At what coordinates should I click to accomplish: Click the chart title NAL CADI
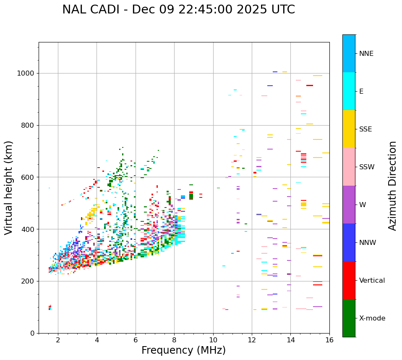tap(178, 10)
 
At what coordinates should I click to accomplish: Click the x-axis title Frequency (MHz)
tap(183, 350)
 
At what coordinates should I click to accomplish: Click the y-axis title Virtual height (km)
tap(9, 187)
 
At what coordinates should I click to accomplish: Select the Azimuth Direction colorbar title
tap(392, 186)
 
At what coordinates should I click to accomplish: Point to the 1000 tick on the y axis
tap(26, 73)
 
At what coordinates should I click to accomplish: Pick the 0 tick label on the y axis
tap(32, 333)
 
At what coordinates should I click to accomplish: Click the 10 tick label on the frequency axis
tap(213, 340)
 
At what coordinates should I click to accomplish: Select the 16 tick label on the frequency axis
tap(329, 340)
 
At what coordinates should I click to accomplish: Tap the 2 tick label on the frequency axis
tap(58, 340)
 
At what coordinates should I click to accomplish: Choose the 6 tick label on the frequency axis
tap(136, 340)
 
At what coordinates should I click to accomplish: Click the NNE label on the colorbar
tap(366, 54)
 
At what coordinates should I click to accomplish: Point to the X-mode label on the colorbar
tap(372, 318)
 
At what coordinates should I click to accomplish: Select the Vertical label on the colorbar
tap(372, 281)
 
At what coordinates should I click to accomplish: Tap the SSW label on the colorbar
tap(367, 167)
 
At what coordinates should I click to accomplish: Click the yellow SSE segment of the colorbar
tap(349, 129)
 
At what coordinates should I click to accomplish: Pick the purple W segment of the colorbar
tap(349, 205)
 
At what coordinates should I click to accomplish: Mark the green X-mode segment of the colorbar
tap(349, 318)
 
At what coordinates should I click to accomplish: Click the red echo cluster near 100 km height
tap(50, 307)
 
